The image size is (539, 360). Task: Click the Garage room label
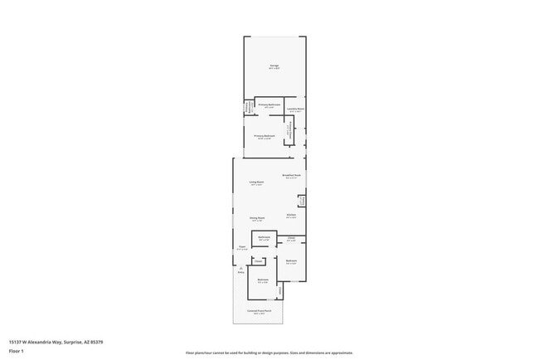[274, 66]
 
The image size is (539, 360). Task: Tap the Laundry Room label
[295, 109]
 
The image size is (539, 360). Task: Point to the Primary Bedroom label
[264, 136]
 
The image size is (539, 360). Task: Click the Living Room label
[256, 182]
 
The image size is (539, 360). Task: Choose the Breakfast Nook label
[291, 176]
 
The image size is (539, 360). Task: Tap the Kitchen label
[291, 216]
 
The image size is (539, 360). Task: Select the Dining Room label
[256, 219]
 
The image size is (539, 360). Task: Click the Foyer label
[242, 247]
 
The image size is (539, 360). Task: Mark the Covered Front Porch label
[259, 312]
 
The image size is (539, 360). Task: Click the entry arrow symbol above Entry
[240, 267]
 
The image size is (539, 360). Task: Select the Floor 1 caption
[17, 350]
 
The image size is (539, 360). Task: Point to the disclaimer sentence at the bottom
[269, 353]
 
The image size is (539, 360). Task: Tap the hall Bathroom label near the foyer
[265, 239]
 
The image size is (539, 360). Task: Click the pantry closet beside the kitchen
[303, 200]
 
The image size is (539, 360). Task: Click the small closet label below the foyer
[259, 261]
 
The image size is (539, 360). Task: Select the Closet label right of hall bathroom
[291, 240]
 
